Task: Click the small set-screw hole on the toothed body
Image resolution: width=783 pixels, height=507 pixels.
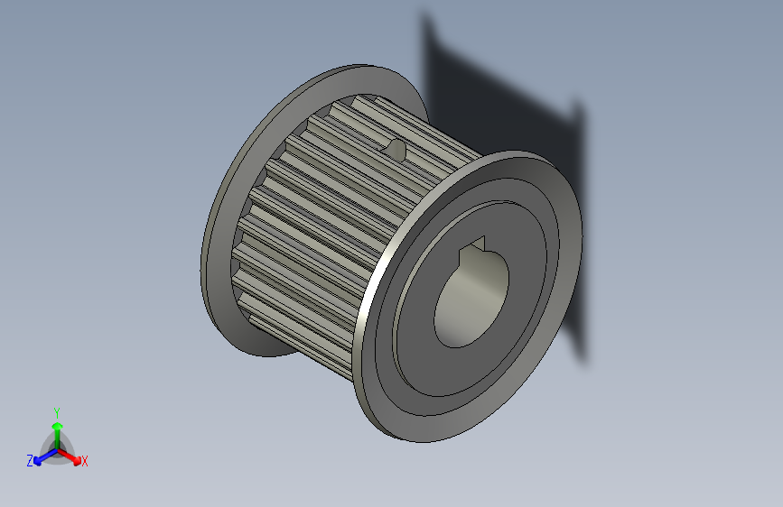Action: [395, 149]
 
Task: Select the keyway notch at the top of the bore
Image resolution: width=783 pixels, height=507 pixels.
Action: [476, 245]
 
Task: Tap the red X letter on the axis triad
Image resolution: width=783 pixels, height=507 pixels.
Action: [85, 461]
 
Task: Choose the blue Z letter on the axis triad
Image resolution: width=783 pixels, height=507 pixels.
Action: [30, 461]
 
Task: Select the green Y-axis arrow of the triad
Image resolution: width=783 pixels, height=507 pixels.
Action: [57, 429]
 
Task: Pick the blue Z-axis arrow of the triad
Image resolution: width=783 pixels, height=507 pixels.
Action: [42, 457]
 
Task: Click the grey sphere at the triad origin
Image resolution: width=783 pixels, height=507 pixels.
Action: [57, 447]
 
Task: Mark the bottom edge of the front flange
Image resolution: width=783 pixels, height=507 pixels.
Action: [424, 438]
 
